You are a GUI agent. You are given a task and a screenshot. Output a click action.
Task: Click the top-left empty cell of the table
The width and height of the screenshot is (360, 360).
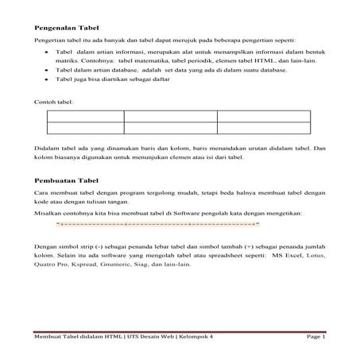tap(85, 115)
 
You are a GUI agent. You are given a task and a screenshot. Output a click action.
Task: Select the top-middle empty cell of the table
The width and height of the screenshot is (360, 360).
tap(170, 115)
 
